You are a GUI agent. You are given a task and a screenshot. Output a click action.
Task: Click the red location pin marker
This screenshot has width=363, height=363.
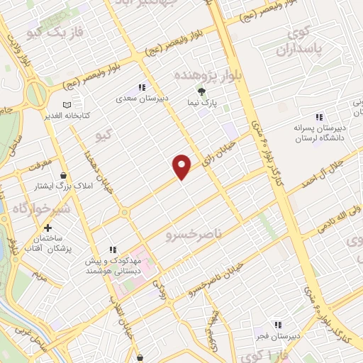click(x=183, y=166)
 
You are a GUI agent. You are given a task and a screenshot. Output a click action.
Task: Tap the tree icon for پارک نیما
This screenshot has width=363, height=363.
click(x=201, y=91)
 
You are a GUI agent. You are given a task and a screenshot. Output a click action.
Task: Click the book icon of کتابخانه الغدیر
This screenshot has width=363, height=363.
click(x=67, y=104)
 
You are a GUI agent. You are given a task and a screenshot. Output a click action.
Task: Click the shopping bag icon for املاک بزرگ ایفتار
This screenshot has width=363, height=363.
click(x=64, y=174)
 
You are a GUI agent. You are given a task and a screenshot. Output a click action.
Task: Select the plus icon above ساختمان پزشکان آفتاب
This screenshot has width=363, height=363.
click(x=48, y=228)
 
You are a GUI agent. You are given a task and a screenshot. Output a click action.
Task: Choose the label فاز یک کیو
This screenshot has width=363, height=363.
click(x=53, y=33)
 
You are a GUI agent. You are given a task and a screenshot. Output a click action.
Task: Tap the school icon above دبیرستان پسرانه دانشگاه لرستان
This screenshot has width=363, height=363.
click(x=318, y=116)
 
